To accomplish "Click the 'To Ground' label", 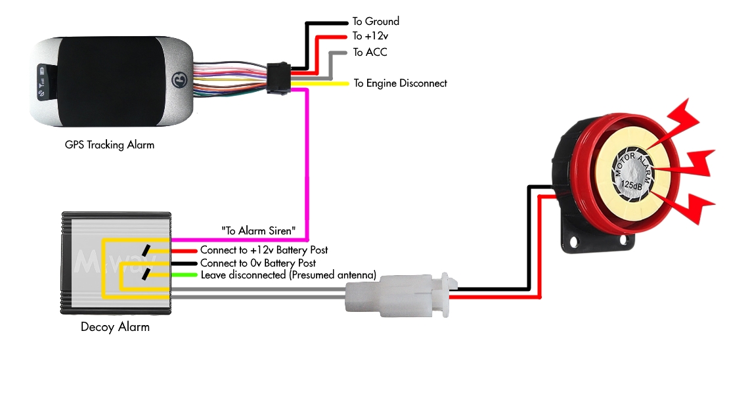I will click(x=376, y=22).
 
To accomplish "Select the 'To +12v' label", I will click(x=366, y=36).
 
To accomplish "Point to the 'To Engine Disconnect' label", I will click(x=400, y=83).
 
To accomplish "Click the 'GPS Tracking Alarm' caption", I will click(x=110, y=144).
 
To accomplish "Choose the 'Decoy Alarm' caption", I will click(x=115, y=326).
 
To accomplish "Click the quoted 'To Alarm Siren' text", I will click(x=263, y=230).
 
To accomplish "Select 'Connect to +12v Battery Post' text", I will click(x=264, y=250).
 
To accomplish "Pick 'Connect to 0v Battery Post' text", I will click(x=263, y=263).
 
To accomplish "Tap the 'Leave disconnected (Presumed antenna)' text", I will click(x=288, y=275).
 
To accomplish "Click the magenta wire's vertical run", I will click(x=307, y=164).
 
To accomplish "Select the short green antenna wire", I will click(x=185, y=274).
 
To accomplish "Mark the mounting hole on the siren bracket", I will click(x=575, y=241).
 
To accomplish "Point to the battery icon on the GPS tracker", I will click(x=42, y=70).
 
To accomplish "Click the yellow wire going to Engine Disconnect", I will click(x=325, y=83).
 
